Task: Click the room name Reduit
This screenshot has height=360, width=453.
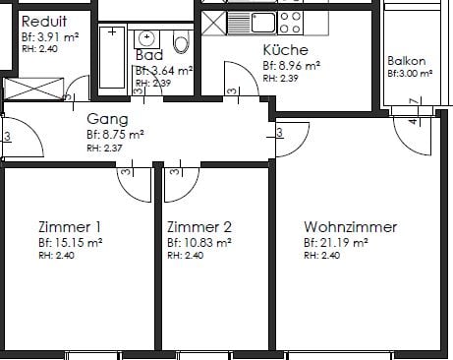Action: (x=44, y=22)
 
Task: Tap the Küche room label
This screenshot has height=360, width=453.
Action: (x=285, y=50)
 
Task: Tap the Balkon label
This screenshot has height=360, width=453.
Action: (x=406, y=60)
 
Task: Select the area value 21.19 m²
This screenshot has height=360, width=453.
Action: (x=336, y=242)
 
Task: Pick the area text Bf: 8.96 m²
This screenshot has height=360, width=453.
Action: (x=292, y=65)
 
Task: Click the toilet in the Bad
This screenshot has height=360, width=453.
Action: (x=180, y=41)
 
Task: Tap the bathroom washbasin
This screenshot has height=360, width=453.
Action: (x=146, y=37)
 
